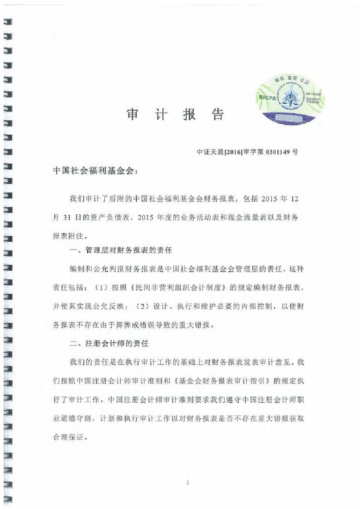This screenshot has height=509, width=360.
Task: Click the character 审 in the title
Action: (132, 114)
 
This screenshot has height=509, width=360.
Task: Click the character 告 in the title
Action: (218, 114)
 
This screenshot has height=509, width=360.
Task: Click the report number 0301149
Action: (278, 152)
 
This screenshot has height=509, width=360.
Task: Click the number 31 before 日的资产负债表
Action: (67, 217)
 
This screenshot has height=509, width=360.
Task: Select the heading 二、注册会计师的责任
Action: (109, 343)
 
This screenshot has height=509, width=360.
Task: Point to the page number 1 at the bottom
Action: (187, 483)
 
